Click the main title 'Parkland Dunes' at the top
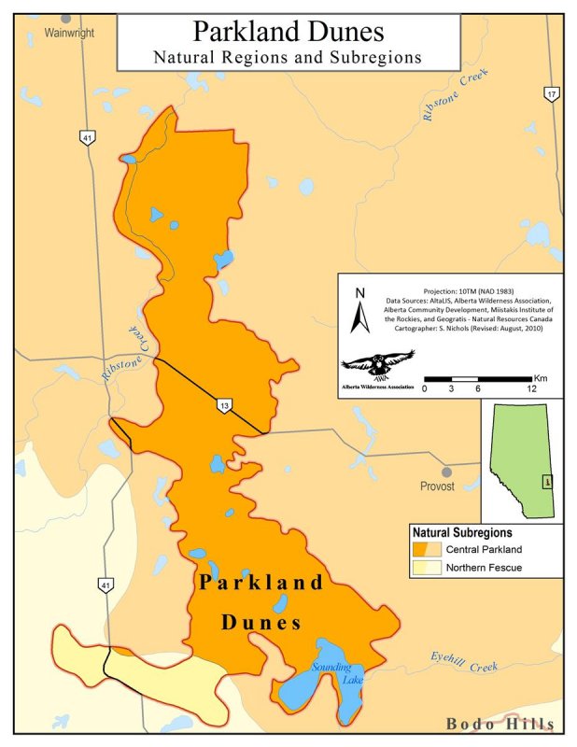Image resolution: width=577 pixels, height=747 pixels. [x=288, y=31]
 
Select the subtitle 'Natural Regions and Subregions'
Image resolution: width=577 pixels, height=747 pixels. [x=288, y=57]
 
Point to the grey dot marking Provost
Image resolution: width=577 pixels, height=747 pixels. [x=447, y=472]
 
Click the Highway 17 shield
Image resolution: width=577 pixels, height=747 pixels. [x=552, y=93]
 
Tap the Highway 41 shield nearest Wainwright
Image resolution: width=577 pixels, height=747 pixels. [x=87, y=138]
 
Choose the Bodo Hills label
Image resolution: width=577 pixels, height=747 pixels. [x=500, y=724]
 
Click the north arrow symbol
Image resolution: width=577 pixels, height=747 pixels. [x=356, y=312]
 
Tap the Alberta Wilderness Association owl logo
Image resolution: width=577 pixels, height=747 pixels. [x=378, y=363]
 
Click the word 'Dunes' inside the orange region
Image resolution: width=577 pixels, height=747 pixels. [x=260, y=622]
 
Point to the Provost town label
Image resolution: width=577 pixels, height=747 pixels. [x=437, y=486]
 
